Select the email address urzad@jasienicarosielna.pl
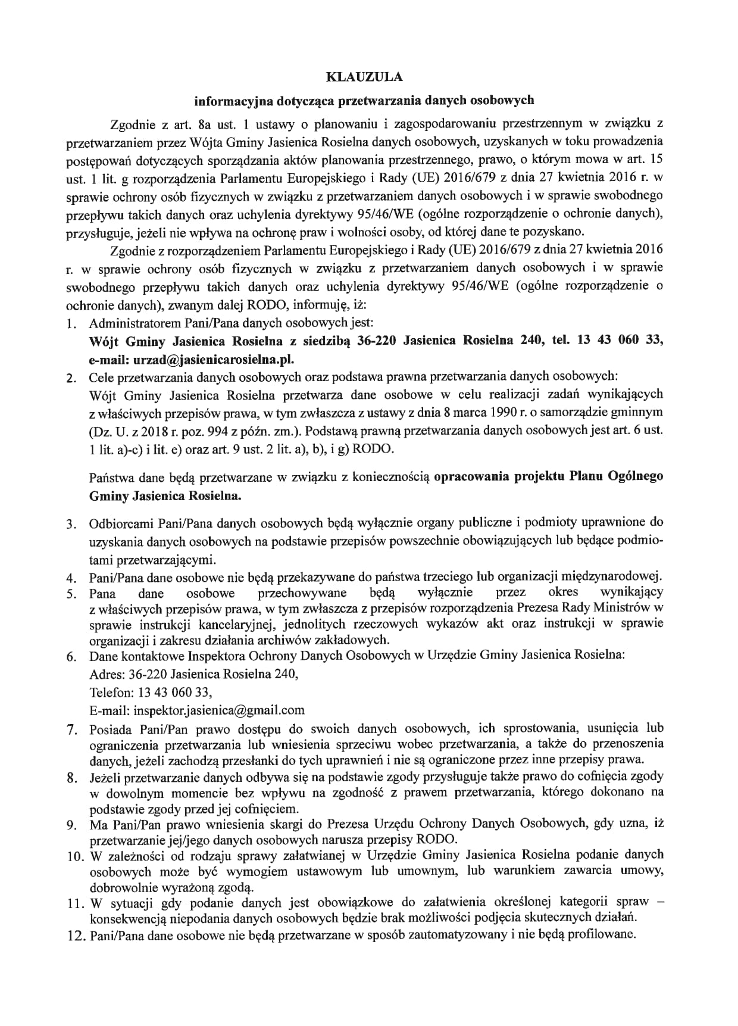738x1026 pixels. coord(214,359)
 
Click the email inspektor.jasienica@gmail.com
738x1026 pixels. coord(219,710)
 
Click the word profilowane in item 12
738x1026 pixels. coord(601,935)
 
